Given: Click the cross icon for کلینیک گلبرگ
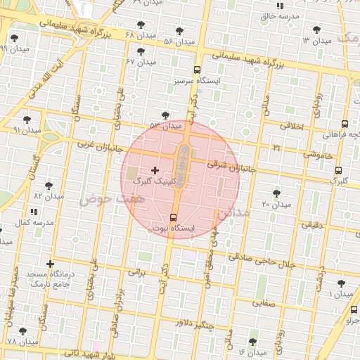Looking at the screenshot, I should click(155, 170).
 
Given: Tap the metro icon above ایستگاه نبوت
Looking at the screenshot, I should click(174, 217).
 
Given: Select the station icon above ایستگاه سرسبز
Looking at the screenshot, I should click(197, 70).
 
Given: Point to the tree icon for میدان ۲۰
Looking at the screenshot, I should click(276, 193).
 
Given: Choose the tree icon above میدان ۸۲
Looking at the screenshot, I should click(49, 186).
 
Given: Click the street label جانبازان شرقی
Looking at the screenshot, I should click(228, 166).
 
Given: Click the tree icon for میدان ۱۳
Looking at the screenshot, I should click(316, 30).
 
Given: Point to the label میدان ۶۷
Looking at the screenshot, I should click(140, 62).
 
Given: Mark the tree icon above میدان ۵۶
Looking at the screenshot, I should click(179, 31).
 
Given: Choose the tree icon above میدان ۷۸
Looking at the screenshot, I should click(22, 330).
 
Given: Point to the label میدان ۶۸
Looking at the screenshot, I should click(139, 34).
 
